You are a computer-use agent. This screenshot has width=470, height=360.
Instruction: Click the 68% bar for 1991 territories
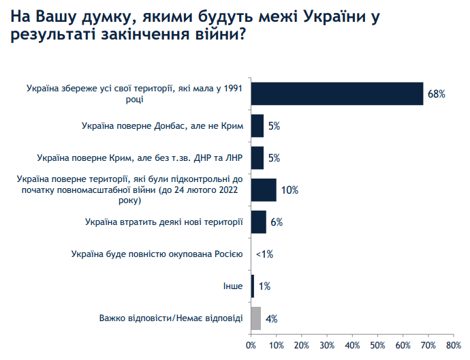pos(337,93)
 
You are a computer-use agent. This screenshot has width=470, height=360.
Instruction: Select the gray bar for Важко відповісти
pos(256,318)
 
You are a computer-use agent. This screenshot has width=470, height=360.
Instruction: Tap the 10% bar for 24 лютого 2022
pos(264,190)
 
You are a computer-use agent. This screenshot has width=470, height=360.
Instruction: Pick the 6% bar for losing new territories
pos(259,222)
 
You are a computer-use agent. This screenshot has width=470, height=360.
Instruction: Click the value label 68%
pos(436,93)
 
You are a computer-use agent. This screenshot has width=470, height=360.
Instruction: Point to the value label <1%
pos(264,254)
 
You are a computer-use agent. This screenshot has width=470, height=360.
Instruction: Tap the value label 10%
pos(289,190)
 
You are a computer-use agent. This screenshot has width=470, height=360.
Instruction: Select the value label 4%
pos(271,318)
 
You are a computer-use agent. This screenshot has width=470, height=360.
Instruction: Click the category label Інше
pos(232,286)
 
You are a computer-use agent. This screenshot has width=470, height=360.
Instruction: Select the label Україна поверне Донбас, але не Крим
pos(162,125)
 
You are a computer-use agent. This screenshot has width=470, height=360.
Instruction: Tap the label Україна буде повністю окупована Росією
pos(156,254)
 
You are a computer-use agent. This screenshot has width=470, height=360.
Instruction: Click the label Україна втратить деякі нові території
pos(164,222)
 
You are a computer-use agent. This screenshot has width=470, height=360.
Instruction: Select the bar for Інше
pos(253,286)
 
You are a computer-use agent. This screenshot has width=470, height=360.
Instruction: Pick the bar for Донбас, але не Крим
pos(257,125)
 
